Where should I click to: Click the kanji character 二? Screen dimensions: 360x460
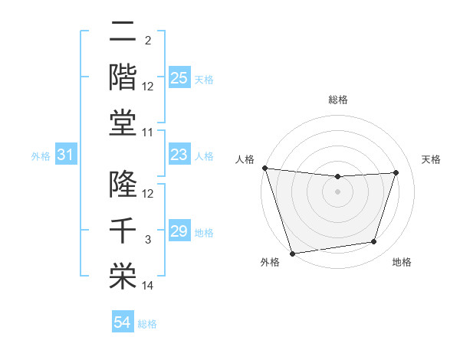[x=123, y=33]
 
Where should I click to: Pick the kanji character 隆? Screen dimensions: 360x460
[x=123, y=185]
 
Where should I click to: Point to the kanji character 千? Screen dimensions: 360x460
[x=123, y=230]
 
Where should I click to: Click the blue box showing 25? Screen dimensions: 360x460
[x=179, y=78]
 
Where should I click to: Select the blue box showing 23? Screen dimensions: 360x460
[x=179, y=155]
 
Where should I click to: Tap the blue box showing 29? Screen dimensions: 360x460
[x=179, y=231]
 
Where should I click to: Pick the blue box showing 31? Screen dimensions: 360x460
[x=65, y=155]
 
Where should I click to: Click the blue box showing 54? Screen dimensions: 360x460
[x=122, y=322]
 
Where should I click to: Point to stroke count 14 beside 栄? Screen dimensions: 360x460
[x=148, y=286]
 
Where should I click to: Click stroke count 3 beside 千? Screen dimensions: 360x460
[x=148, y=240]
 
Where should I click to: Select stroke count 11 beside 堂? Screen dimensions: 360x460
[x=148, y=133]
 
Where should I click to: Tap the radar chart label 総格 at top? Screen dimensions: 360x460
[x=337, y=100]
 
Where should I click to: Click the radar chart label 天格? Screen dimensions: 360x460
[x=431, y=159]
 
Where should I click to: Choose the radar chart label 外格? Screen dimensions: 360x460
[x=269, y=263]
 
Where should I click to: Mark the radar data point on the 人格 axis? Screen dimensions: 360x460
[x=264, y=168]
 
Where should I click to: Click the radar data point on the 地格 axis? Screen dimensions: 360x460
[x=374, y=242]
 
